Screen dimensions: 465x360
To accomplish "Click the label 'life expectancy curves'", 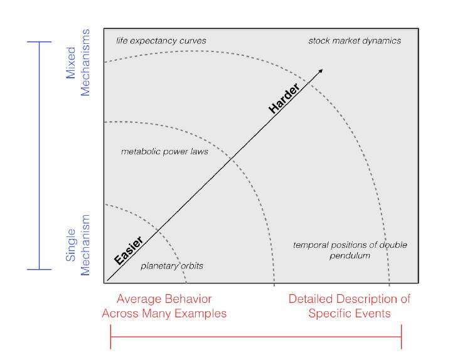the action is tap(161, 41).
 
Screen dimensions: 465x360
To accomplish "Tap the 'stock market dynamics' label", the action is tap(355, 41).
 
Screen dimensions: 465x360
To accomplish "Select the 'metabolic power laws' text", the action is tap(164, 151).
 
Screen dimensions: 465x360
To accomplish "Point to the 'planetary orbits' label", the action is tap(171, 266).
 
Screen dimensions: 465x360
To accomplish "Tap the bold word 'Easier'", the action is tap(129, 249).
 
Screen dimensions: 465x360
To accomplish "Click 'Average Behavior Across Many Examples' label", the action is tap(164, 305).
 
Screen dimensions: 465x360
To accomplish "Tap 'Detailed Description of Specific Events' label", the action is tap(350, 305).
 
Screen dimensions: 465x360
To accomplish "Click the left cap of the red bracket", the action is tap(110, 339).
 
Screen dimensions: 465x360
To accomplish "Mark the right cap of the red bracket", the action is tap(401, 339).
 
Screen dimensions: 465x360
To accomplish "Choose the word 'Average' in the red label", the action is tap(137, 299).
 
